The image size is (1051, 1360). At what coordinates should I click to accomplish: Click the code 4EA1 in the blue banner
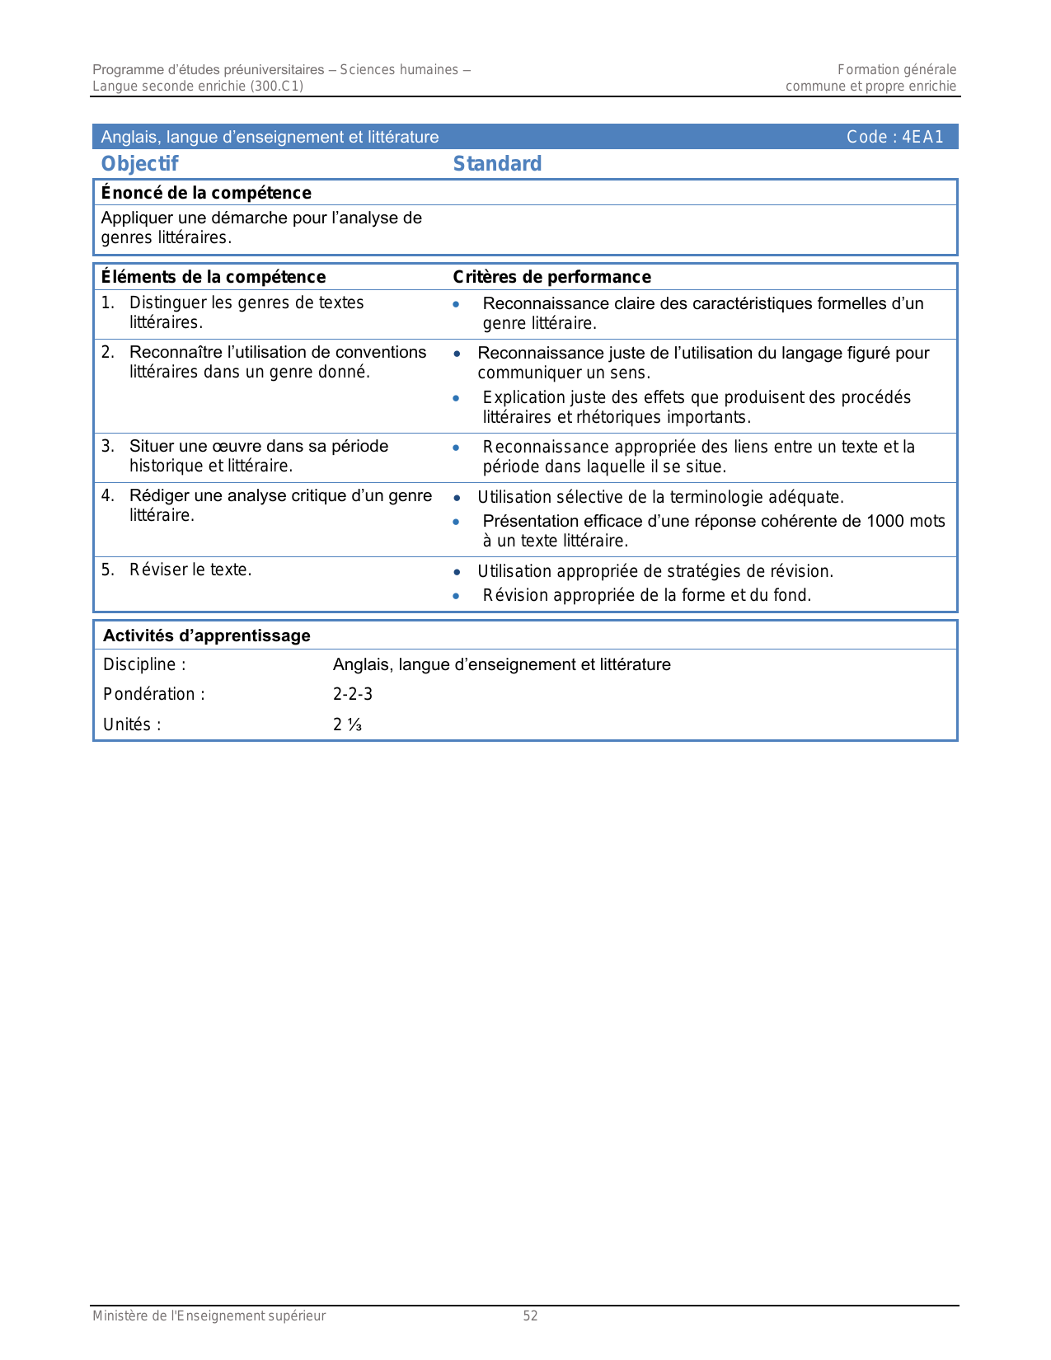(x=922, y=138)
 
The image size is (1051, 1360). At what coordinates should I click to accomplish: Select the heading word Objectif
(x=139, y=164)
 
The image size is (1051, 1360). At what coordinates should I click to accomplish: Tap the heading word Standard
(x=497, y=164)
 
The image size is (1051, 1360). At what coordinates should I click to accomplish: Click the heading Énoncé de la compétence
(x=206, y=193)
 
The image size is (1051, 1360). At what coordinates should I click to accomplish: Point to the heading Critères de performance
(x=551, y=277)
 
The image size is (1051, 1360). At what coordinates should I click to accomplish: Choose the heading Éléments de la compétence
(x=213, y=277)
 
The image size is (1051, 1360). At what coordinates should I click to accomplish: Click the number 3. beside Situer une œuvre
(x=108, y=447)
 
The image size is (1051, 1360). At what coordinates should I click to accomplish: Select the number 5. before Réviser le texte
(x=108, y=570)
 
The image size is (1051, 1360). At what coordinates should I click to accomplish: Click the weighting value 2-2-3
(x=353, y=695)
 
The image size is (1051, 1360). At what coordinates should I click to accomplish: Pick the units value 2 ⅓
(x=347, y=725)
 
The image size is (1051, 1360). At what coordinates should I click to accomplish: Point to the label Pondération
(x=154, y=695)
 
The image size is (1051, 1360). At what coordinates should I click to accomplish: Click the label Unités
(x=132, y=725)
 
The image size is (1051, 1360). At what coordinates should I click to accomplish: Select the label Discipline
(x=144, y=665)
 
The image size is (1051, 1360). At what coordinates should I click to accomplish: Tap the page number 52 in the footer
(x=530, y=1316)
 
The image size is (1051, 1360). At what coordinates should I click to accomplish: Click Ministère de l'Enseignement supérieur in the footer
(x=209, y=1316)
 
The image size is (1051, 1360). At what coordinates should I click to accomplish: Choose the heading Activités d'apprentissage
(x=206, y=636)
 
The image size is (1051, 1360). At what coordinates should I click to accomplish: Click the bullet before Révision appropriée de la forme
(x=457, y=596)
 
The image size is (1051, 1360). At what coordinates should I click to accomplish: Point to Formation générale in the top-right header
(x=897, y=70)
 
